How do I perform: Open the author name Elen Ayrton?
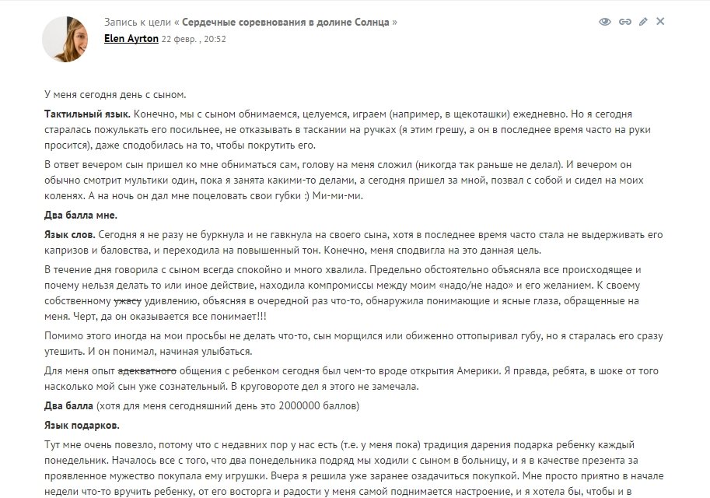[131, 38]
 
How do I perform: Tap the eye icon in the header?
[605, 22]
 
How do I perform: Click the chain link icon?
[624, 22]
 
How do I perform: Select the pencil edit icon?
[643, 22]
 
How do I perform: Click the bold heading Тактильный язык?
[86, 114]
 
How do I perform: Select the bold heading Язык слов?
[70, 234]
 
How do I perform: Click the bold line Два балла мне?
[80, 215]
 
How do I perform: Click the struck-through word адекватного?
[138, 372]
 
